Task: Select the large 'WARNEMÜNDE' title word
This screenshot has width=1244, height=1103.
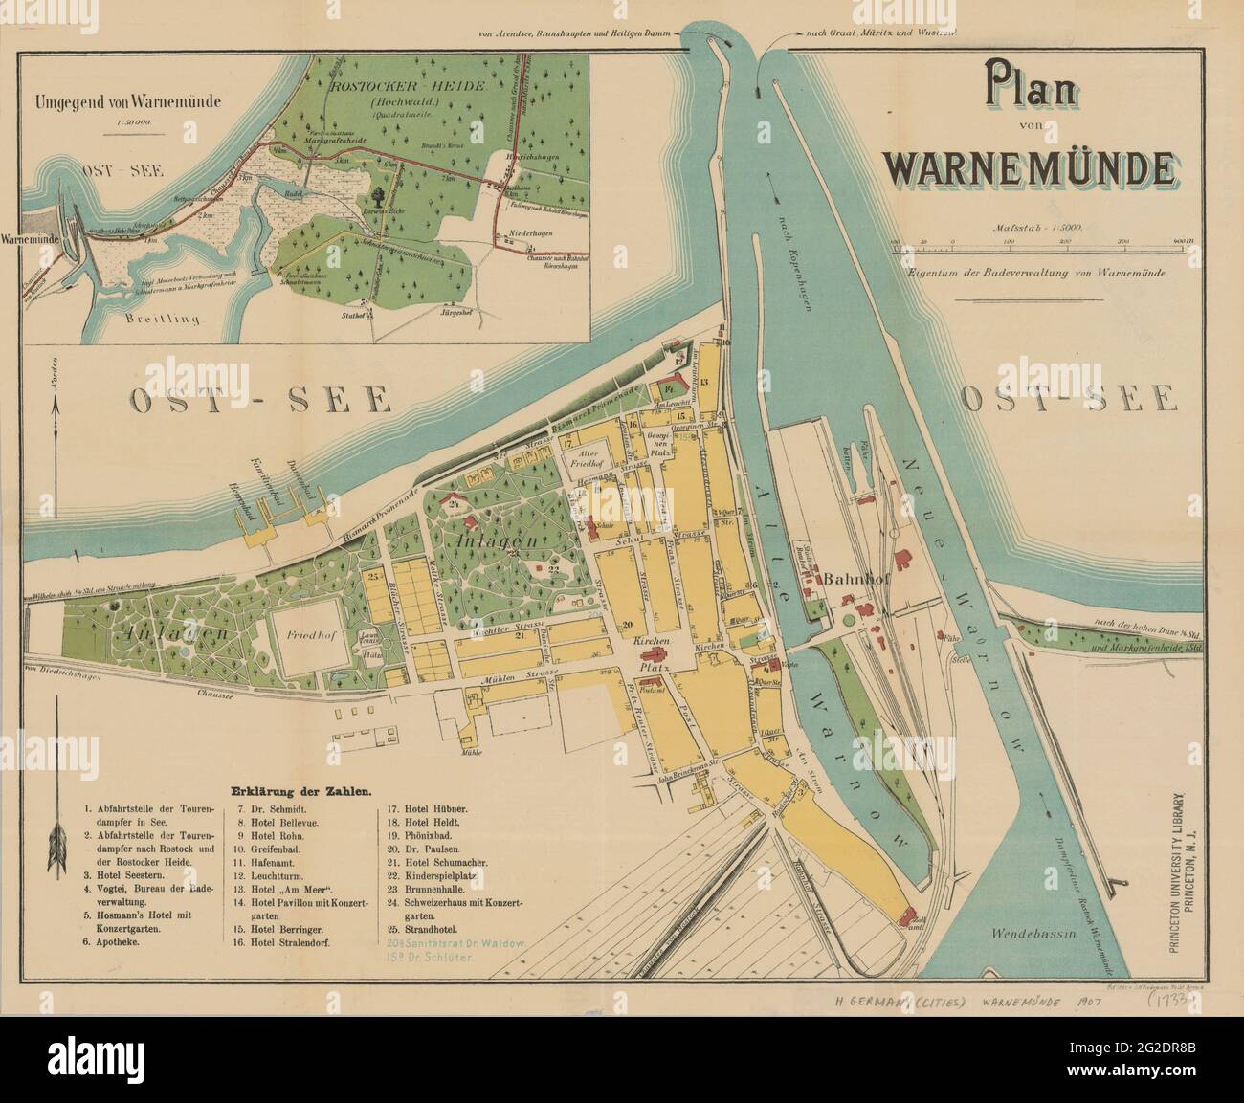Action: [x=1030, y=166]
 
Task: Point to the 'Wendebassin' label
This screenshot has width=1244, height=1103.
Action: [x=1028, y=931]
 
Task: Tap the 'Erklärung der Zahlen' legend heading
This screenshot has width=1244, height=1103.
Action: [x=300, y=791]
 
